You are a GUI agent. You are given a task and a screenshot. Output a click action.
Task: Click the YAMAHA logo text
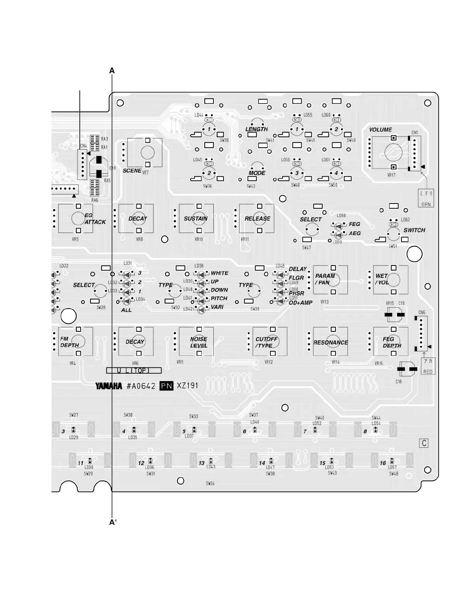point(108,386)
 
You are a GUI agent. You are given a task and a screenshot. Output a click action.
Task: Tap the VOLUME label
point(380,130)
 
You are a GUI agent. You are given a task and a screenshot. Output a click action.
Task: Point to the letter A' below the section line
point(113,522)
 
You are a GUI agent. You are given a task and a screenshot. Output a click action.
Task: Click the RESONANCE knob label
point(331,343)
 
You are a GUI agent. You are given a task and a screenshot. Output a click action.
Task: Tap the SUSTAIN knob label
point(196,219)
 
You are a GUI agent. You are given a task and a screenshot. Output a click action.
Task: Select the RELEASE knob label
point(257,219)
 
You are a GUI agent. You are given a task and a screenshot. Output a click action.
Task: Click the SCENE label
point(132,171)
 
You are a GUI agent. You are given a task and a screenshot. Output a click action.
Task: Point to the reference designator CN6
point(421,312)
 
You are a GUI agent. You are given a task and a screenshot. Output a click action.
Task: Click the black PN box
point(167,386)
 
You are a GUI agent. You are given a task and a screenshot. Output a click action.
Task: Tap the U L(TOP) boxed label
point(134,371)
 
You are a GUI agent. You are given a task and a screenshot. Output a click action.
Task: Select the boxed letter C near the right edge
point(424,443)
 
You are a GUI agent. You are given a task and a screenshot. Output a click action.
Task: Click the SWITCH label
point(414,230)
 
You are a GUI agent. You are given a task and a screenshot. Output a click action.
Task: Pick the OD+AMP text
point(301,303)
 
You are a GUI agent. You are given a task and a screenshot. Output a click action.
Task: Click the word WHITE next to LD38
point(220,273)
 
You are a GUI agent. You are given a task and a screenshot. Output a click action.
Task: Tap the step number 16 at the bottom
point(383,463)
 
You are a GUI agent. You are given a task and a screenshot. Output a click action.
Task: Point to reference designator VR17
point(391,175)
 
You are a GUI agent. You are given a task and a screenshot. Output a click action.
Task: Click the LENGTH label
point(256,129)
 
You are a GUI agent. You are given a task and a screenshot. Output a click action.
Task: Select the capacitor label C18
point(398,381)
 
